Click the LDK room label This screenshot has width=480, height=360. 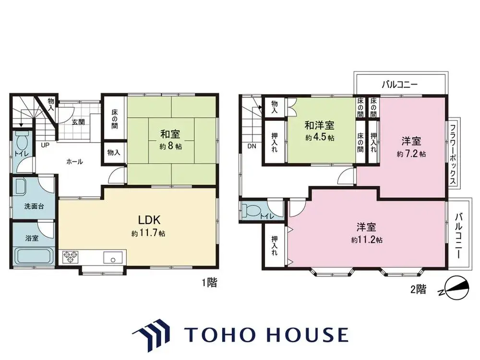tap(149, 220)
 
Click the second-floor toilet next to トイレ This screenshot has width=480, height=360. tap(251, 210)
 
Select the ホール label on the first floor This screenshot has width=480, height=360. tap(74, 162)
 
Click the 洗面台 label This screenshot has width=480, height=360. tap(34, 206)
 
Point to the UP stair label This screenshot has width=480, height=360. tap(45, 144)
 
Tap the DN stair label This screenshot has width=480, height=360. tap(252, 146)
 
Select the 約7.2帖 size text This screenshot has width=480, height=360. tap(411, 154)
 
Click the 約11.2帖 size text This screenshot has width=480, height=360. tap(367, 240)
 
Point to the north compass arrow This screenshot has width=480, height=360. tap(454, 288)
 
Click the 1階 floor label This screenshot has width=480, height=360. tap(209, 283)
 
